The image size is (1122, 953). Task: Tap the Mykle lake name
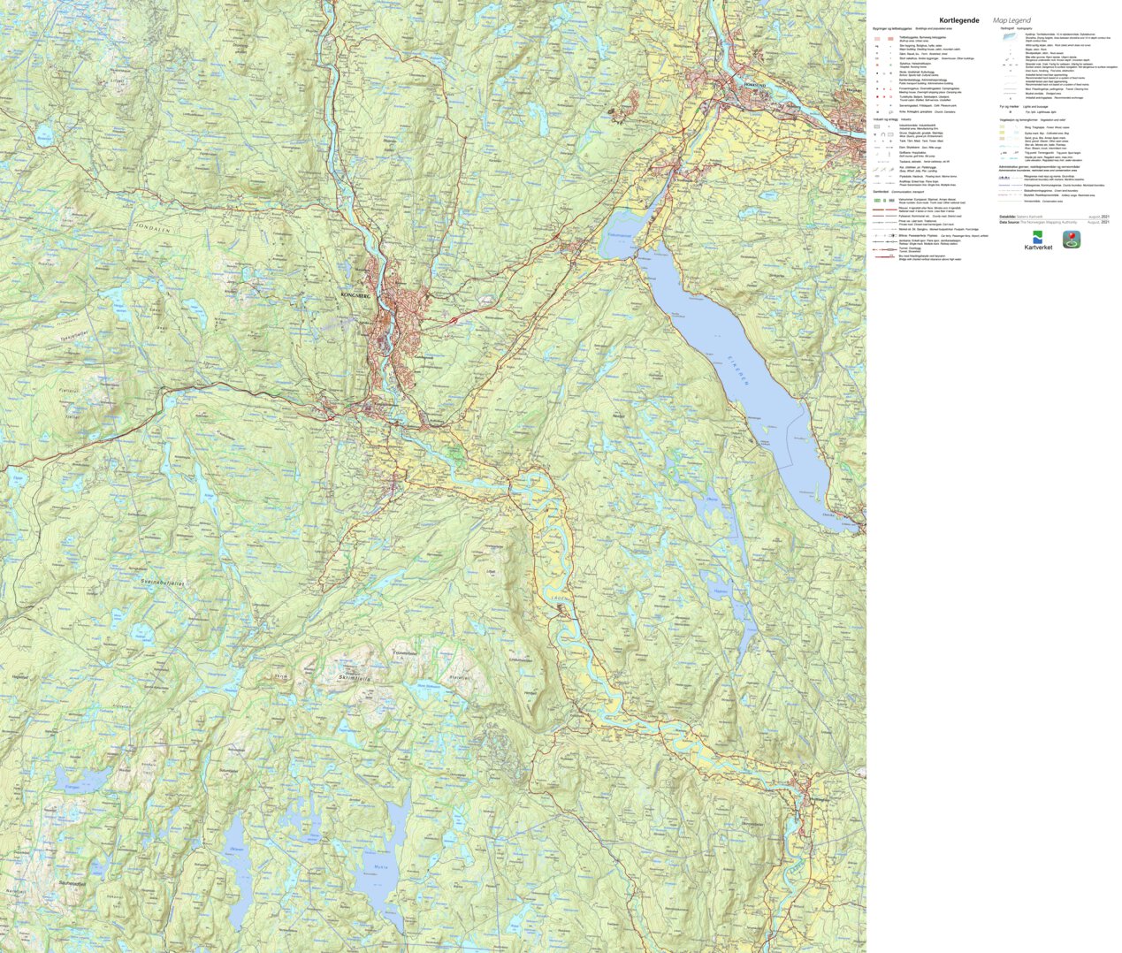379,867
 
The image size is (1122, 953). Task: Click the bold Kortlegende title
958,20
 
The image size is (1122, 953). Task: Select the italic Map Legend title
1011,20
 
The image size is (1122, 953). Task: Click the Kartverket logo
1037,240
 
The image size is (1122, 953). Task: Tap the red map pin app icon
1071,240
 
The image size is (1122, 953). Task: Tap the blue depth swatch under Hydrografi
1007,38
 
